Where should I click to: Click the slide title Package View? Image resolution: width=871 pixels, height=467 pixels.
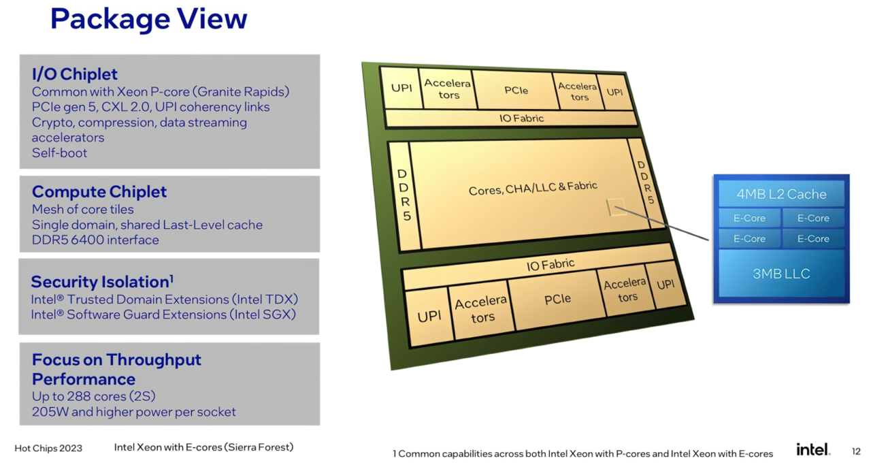tap(148, 18)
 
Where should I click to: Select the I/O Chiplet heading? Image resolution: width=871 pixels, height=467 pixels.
tap(75, 74)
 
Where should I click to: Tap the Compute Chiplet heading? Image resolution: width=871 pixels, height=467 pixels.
tap(99, 191)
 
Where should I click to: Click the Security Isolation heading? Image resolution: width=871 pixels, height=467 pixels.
tap(102, 282)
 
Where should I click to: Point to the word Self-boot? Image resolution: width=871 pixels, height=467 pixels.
tap(59, 153)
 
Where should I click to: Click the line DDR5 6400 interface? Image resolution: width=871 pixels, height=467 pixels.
tap(95, 240)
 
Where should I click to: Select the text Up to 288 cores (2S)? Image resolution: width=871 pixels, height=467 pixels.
tap(94, 396)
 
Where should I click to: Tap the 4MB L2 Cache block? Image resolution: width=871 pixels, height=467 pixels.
tap(781, 194)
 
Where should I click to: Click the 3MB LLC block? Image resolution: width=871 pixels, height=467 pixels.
tap(781, 274)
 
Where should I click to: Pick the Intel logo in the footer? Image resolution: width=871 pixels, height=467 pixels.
tap(813, 449)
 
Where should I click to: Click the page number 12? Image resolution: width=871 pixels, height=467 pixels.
tap(856, 451)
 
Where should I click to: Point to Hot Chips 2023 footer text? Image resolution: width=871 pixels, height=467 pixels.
tap(48, 449)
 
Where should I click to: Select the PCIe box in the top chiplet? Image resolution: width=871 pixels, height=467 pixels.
tap(516, 91)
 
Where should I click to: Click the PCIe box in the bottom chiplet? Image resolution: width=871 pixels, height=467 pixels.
tap(557, 300)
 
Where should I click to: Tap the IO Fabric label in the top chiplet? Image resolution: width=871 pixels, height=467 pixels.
tap(521, 118)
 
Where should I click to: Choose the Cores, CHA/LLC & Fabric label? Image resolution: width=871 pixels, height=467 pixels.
tap(533, 188)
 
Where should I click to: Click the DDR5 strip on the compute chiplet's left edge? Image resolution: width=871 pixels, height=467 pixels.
tap(405, 196)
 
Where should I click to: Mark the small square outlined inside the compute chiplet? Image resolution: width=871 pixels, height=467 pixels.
tap(617, 207)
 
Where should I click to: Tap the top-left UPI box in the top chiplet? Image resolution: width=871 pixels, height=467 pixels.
tap(401, 88)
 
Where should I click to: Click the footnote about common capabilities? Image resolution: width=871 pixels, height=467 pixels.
tap(582, 454)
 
